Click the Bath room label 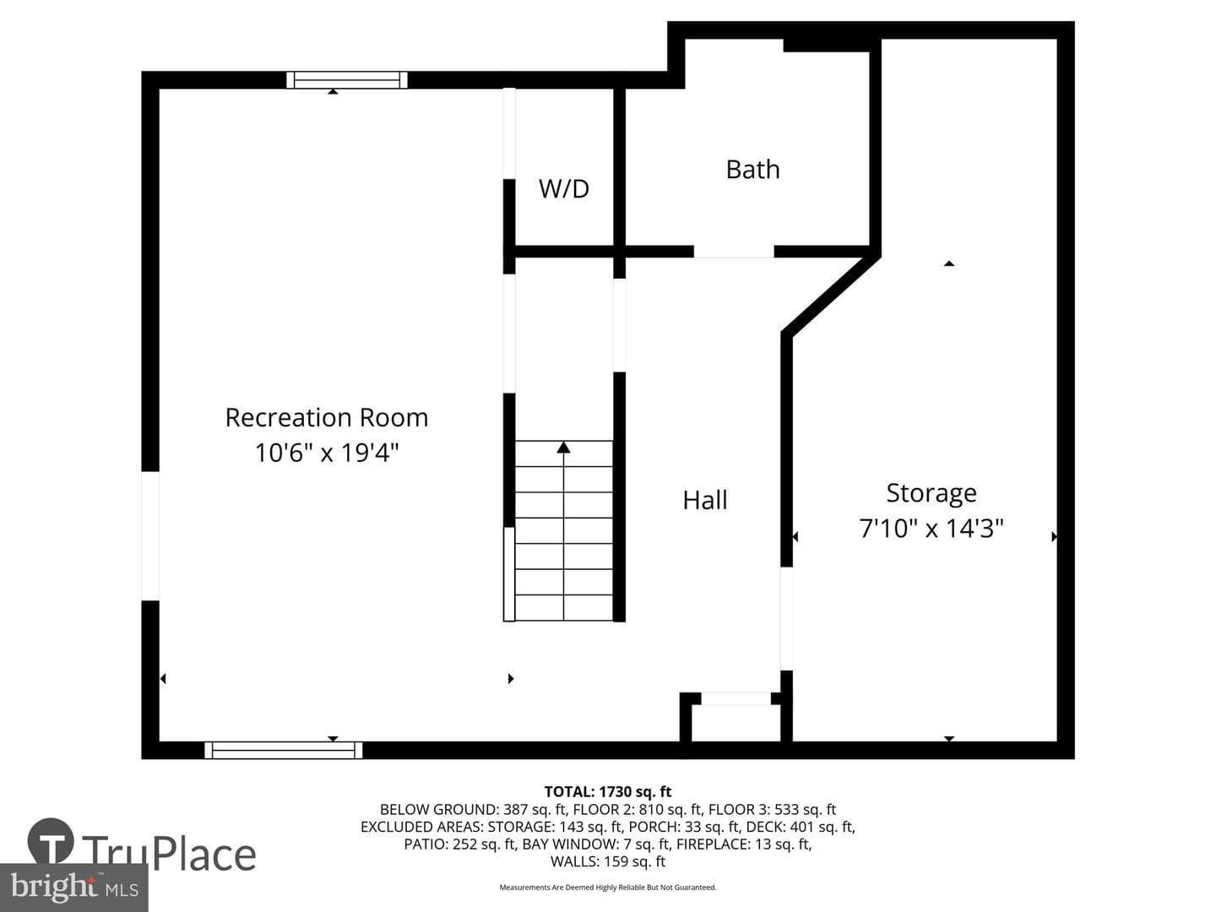pos(753,170)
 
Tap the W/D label pos(564,189)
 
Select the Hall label pos(704,500)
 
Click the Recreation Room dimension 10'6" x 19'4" pos(326,453)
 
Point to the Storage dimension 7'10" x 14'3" pos(931,528)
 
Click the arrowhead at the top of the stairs pos(563,447)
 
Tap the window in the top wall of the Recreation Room pos(347,80)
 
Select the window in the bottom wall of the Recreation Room pos(283,751)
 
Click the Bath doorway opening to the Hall pos(734,252)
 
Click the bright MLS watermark pos(73,888)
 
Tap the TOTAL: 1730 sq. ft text pos(608,792)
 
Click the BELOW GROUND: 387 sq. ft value pos(473,810)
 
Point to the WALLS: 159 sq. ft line pos(608,861)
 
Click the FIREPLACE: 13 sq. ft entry pos(744,844)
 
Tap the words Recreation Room pos(326,417)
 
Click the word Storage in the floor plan pos(931,493)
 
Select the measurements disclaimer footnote pos(608,887)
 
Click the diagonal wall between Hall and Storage pos(831,295)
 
